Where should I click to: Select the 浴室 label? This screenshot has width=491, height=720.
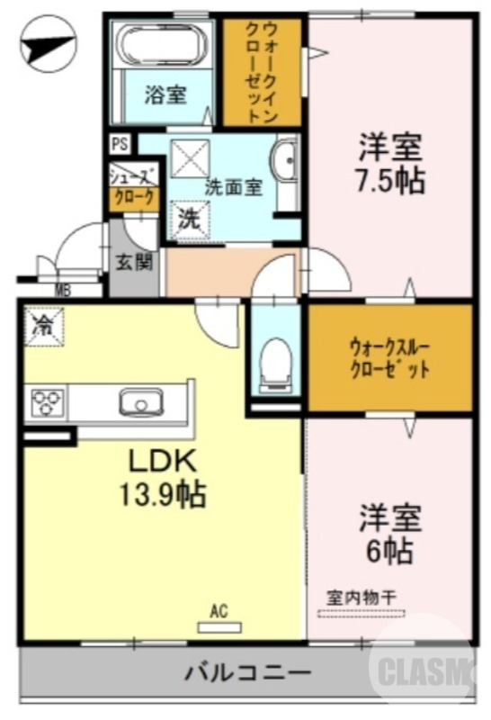click(x=166, y=94)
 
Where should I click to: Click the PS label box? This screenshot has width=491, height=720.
click(x=119, y=143)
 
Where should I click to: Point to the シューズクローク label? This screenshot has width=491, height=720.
click(x=133, y=186)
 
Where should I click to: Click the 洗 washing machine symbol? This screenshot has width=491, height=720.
click(x=189, y=216)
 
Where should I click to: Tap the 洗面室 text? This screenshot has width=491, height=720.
click(x=233, y=188)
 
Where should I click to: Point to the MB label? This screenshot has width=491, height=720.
click(x=63, y=290)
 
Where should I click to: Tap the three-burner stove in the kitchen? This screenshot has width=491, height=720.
click(x=46, y=401)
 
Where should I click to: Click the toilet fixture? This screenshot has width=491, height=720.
click(x=273, y=361)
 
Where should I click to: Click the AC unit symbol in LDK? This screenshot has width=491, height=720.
click(x=217, y=623)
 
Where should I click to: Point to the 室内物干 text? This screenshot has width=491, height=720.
click(x=362, y=597)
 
